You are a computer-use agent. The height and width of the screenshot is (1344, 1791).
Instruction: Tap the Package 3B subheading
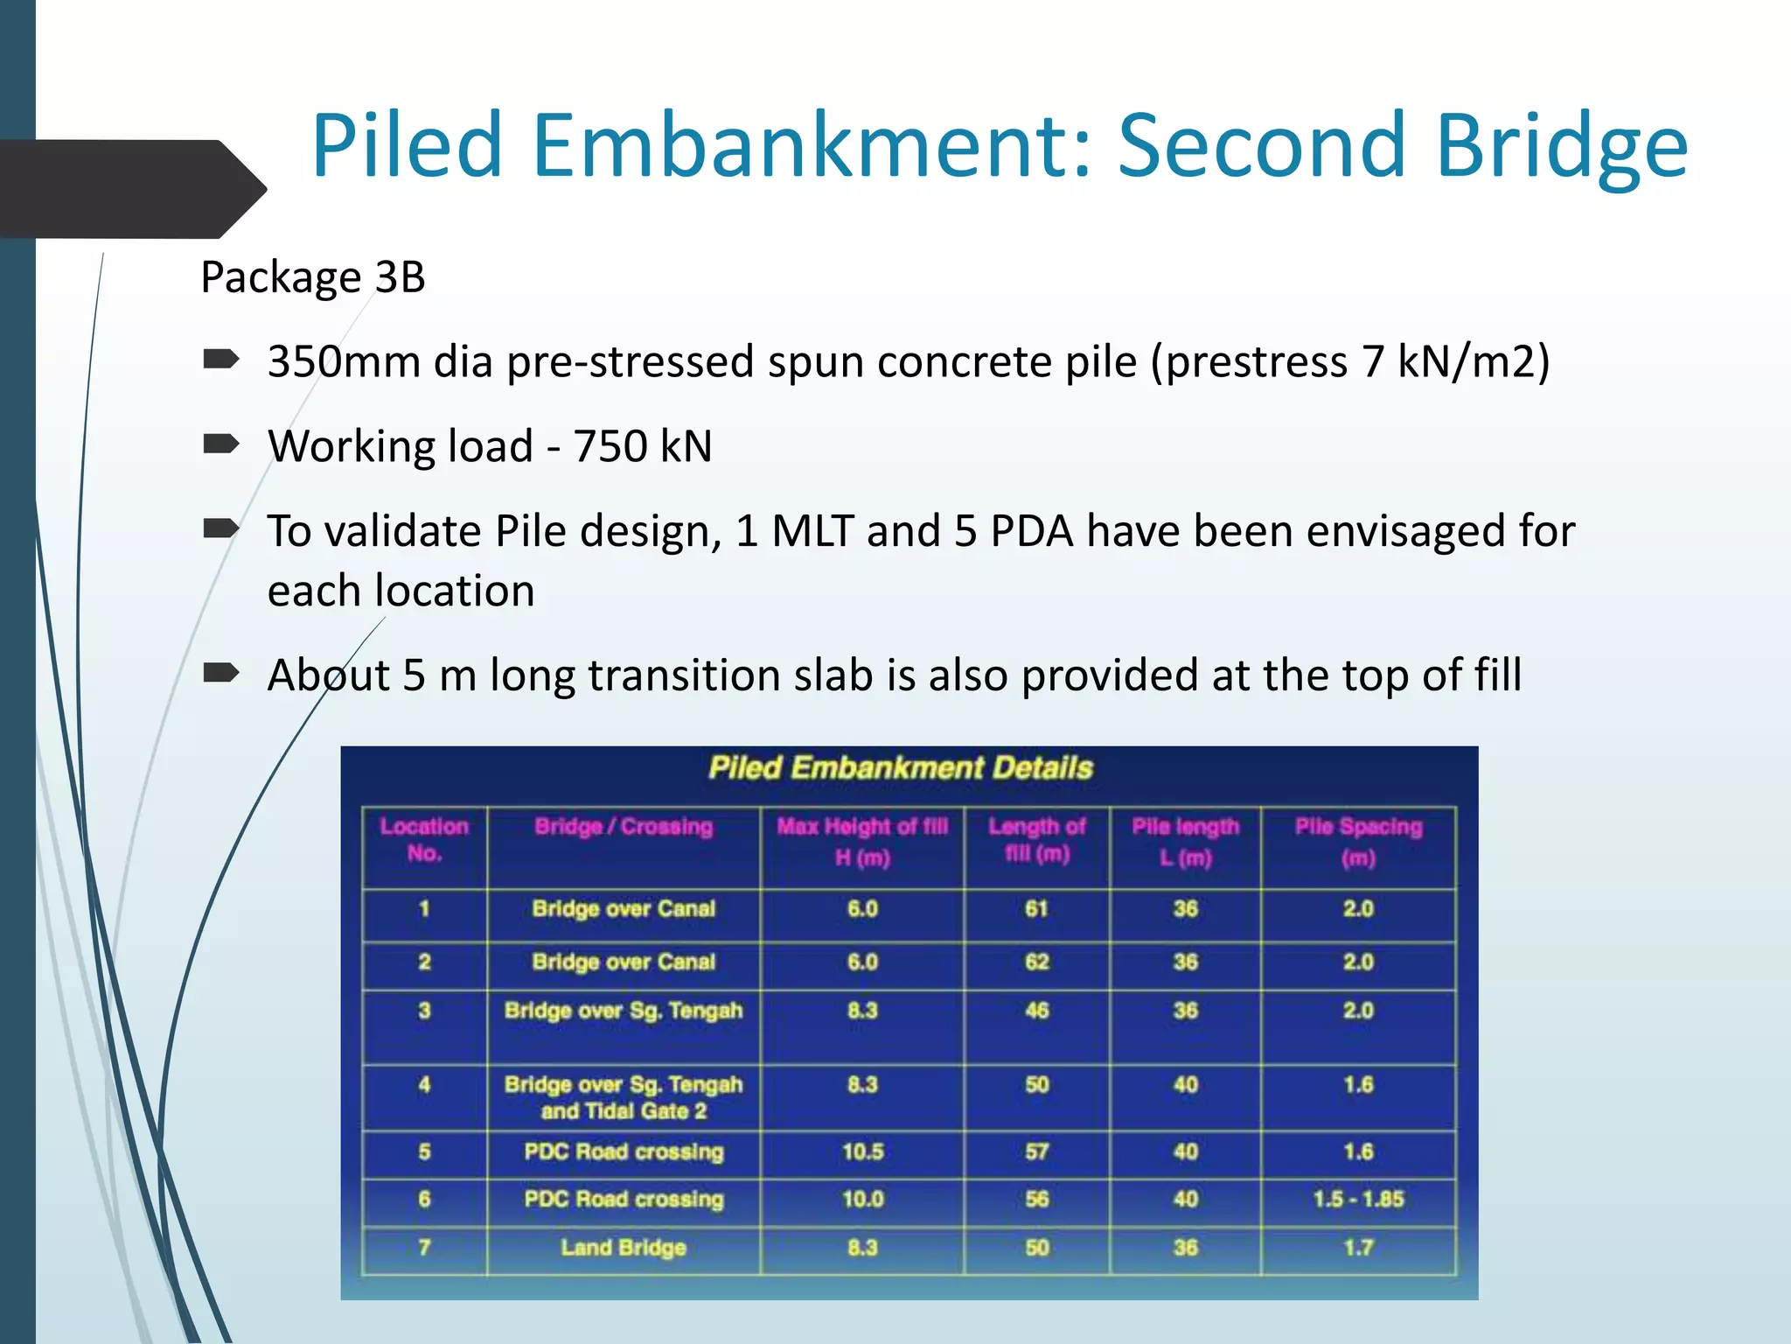coord(313,277)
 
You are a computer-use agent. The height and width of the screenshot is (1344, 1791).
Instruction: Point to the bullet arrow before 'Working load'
coord(220,444)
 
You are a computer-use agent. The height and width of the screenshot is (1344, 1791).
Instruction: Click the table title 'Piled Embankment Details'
coord(901,768)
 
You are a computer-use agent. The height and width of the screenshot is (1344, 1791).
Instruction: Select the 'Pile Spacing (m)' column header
coord(1358,841)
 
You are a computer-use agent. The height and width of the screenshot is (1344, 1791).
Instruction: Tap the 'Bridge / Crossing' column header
coord(624,827)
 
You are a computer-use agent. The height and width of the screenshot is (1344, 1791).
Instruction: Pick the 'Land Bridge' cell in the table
coord(624,1248)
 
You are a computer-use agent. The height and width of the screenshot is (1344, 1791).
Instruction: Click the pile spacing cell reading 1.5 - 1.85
coord(1358,1200)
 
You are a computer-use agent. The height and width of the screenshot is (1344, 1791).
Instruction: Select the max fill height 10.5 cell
coord(862,1151)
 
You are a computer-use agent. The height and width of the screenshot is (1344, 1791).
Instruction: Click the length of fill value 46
coord(1036,1011)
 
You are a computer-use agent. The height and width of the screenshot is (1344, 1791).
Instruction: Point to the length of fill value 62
coord(1036,962)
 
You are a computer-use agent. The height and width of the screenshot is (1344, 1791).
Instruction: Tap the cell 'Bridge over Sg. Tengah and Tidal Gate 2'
coord(624,1097)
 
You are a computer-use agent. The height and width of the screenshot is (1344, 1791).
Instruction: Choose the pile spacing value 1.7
coord(1358,1248)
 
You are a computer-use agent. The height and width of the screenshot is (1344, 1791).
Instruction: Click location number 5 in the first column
coord(424,1151)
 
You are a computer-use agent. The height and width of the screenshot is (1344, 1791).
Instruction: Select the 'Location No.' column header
coord(424,839)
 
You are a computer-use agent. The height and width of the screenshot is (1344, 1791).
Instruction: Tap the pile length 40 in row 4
coord(1185,1085)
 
